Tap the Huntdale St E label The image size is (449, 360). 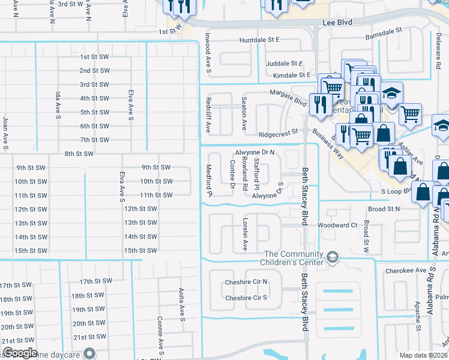click(x=259, y=40)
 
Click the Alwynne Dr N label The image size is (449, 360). click(x=255, y=152)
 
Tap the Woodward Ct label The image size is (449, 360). click(x=337, y=225)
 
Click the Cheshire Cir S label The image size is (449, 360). click(x=246, y=298)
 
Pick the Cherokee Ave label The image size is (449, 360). click(x=400, y=271)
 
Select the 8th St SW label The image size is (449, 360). click(x=79, y=154)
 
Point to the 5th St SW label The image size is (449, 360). click(x=94, y=112)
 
